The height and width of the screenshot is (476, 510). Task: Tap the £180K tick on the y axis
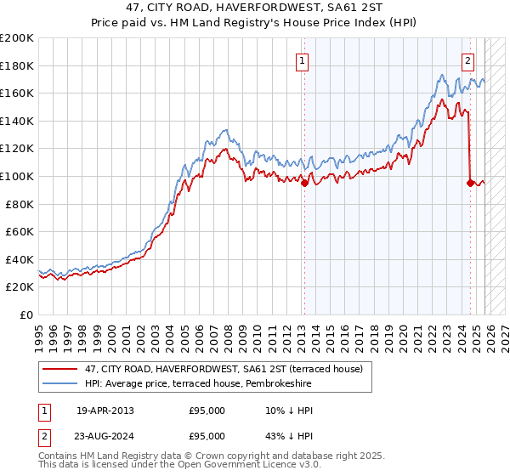pyautogui.click(x=17, y=65)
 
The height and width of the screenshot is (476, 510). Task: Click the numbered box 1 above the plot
pyautogui.click(x=303, y=59)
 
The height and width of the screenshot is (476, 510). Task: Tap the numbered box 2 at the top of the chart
pyautogui.click(x=468, y=59)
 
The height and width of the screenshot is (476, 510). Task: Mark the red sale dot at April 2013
pyautogui.click(x=304, y=183)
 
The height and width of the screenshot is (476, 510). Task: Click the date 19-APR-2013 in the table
pyautogui.click(x=105, y=411)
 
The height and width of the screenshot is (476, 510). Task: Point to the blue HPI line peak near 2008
pyautogui.click(x=225, y=130)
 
